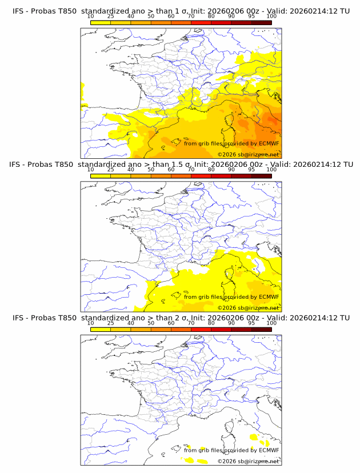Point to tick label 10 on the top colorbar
point(90,17)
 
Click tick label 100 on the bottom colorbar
point(271,323)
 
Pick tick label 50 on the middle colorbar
point(151,170)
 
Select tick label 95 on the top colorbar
point(251,17)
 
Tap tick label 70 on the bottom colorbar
point(191,323)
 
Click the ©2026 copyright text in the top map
point(248,154)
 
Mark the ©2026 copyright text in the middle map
point(248,307)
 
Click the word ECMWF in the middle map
point(269,296)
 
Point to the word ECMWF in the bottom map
point(269,450)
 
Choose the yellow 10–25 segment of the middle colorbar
point(101,175)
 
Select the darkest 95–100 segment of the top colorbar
point(261,22)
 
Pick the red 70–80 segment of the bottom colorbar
point(201,329)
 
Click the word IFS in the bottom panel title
point(18,318)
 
